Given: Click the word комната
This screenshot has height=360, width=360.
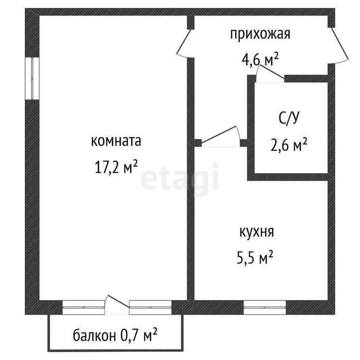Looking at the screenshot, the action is click(x=116, y=141).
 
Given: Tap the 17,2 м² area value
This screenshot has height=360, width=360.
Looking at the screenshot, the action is click(x=116, y=167).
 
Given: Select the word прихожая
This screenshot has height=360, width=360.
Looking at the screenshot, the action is click(x=260, y=34).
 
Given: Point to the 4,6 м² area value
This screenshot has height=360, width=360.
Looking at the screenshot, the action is click(x=260, y=60).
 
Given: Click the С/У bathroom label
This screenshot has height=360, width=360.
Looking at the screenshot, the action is click(x=289, y=118).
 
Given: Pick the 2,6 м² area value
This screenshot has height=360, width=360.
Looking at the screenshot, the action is click(x=289, y=145).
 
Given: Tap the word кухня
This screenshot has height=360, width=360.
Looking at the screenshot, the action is click(x=257, y=232).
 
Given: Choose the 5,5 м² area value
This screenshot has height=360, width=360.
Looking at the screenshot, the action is click(x=255, y=257).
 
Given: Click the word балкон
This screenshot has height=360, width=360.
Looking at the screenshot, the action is click(x=94, y=336).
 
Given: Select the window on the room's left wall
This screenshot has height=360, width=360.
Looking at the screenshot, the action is click(x=32, y=78).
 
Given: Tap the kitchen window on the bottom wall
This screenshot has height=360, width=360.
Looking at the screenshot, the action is click(x=265, y=307).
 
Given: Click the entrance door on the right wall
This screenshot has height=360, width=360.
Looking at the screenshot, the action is click(x=339, y=46).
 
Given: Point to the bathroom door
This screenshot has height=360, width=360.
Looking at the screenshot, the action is click(x=270, y=74).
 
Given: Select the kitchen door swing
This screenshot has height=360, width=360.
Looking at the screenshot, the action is click(x=221, y=136).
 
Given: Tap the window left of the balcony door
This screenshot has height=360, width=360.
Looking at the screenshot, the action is click(x=83, y=307).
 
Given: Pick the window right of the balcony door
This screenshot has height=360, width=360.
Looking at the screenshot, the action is click(x=150, y=307).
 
